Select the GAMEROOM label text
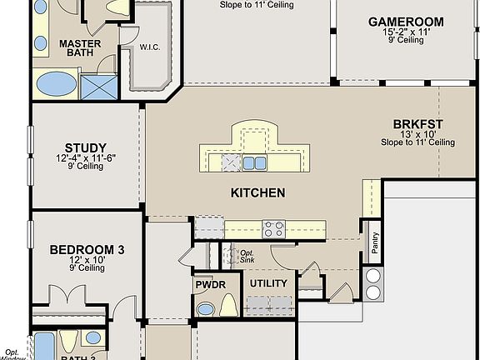coord(406,22)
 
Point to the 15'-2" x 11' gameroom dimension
coord(406,32)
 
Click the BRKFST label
coord(417,125)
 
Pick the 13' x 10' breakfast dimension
coord(417,134)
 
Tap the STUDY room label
coord(84,149)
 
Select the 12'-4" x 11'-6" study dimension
coord(84,158)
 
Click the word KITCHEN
coord(257,192)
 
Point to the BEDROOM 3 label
coord(87,249)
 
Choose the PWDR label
coord(206,284)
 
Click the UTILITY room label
coord(268,283)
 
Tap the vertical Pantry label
coord(375,242)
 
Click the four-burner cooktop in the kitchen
coord(273,227)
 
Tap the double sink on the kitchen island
coord(253,162)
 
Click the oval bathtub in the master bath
coord(57,84)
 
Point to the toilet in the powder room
coord(227,306)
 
